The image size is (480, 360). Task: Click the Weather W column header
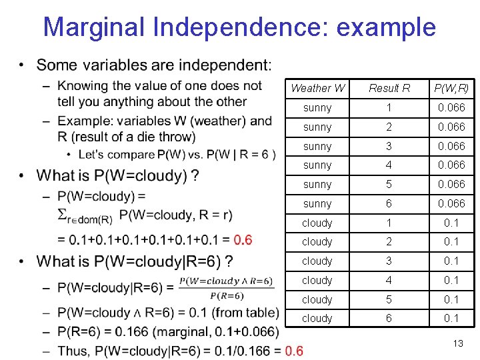tap(318, 88)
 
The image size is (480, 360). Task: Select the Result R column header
tap(389, 88)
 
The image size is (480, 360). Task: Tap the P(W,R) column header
tap(451, 88)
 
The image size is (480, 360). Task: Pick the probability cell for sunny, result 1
tap(451, 107)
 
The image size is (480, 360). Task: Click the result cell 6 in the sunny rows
tap(389, 203)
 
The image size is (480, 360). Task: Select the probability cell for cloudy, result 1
tap(451, 223)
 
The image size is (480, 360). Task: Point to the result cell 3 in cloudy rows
tap(389, 261)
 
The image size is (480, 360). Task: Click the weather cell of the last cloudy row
tap(317, 319)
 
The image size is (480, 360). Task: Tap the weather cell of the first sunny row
tap(317, 107)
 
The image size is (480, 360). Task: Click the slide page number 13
tap(457, 343)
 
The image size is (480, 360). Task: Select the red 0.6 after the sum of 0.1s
tap(243, 239)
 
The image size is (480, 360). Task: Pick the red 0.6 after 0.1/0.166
tap(293, 351)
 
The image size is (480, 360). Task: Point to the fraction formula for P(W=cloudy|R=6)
tap(226, 288)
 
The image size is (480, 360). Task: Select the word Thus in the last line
tap(73, 351)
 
